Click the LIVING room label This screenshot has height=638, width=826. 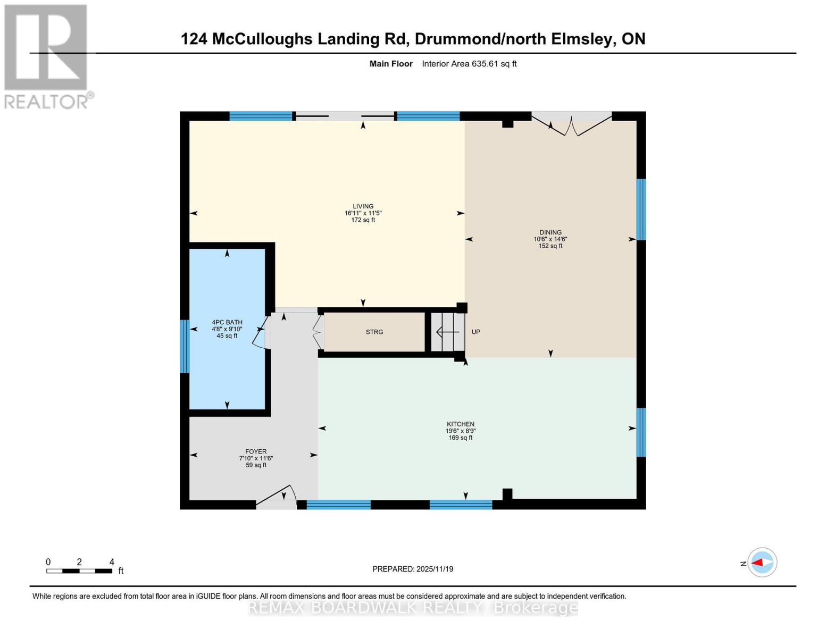pos(363,206)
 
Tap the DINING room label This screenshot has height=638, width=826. pos(550,232)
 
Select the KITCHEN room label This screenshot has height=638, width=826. pos(460,424)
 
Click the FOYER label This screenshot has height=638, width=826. pos(256,451)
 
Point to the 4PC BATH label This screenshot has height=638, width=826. pos(227,322)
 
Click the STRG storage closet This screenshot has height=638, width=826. pos(374,332)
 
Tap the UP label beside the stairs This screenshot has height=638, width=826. pos(475,332)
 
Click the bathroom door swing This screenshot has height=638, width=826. pos(261,333)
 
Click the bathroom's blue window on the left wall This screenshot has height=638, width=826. pos(185,346)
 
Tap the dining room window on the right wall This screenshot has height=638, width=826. pos(641,209)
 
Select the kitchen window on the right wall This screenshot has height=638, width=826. pos(641,432)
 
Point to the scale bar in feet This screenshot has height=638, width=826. pos(79,570)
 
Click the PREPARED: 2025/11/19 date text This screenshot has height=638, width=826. pos(413,569)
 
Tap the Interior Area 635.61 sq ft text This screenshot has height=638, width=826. pos(469,64)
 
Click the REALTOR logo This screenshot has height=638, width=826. pos(47,56)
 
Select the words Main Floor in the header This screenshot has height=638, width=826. pos(391,64)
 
